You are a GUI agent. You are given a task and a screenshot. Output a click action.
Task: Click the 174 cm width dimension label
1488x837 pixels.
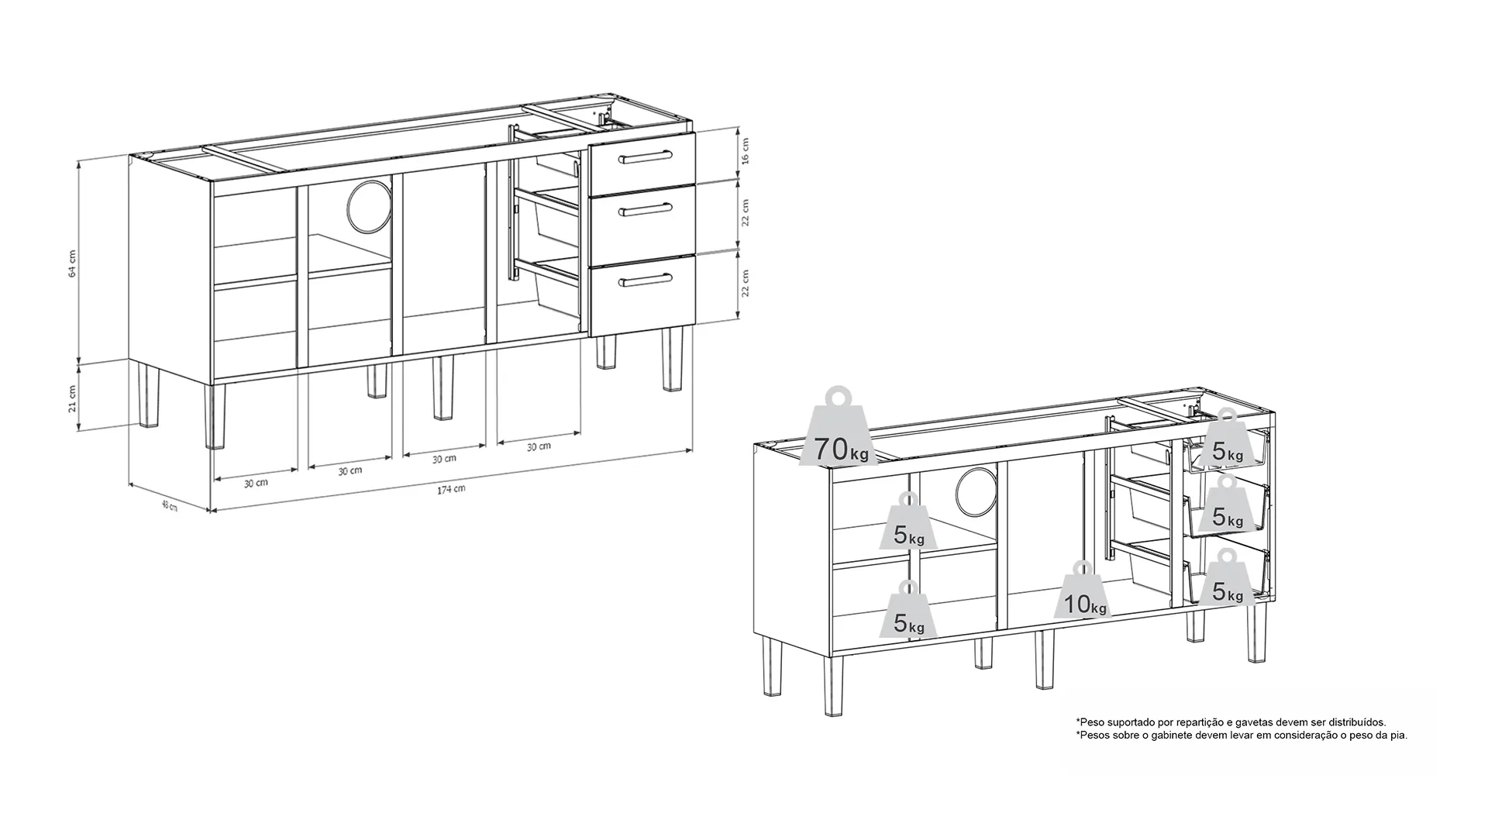[x=451, y=490]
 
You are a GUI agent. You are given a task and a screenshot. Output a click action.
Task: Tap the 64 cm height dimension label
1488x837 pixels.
[x=73, y=263]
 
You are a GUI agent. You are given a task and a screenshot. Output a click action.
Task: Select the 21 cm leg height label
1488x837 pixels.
[x=73, y=398]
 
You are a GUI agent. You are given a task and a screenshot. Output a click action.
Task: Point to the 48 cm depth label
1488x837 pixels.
[x=169, y=506]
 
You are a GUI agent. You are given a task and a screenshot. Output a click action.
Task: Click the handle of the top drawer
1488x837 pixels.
[x=643, y=159]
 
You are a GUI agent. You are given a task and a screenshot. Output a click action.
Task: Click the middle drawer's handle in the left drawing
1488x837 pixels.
[x=643, y=208]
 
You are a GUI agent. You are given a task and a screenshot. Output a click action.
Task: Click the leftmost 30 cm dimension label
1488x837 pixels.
[x=256, y=483]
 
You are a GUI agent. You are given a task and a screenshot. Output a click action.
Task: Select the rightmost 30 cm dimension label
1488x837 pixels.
[x=539, y=446]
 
